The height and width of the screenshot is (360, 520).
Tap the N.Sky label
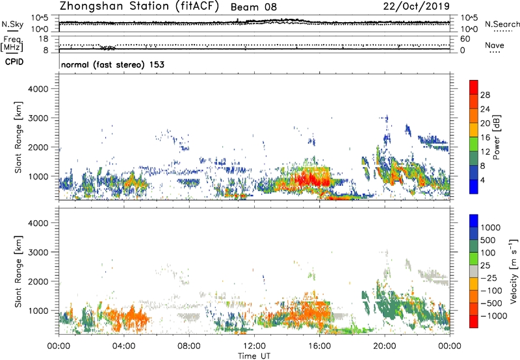coord(11,25)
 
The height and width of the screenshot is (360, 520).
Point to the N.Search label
coord(501,24)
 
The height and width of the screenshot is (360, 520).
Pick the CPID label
coord(15,63)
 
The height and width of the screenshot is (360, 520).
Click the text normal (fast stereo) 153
coord(112,64)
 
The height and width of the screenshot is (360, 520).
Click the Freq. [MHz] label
coord(12,44)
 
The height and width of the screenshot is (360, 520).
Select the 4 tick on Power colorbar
coord(485,180)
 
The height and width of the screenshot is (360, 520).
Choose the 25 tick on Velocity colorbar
coord(487,267)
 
